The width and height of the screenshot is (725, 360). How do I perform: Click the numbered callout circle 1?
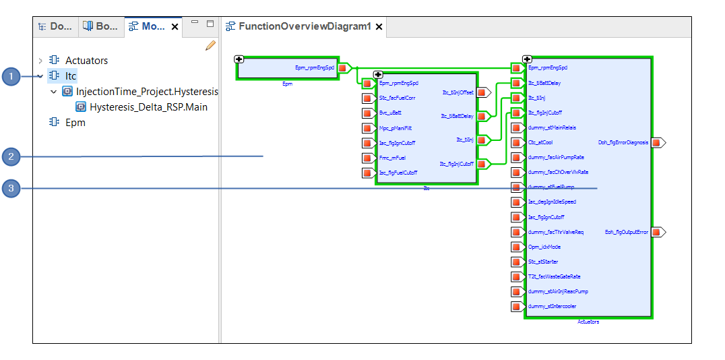[x=11, y=76]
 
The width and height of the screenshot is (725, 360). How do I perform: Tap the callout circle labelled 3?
[x=11, y=188]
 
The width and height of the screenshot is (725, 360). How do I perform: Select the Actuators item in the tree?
[x=86, y=61]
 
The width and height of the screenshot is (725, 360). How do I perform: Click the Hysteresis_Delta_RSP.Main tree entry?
[x=148, y=107]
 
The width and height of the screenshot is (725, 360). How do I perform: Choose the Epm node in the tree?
[x=75, y=123]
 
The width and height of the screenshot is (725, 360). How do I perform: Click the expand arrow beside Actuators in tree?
[x=40, y=61]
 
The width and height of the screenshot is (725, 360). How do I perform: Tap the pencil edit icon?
[x=210, y=46]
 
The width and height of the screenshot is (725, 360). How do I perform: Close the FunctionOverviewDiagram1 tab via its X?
[x=379, y=27]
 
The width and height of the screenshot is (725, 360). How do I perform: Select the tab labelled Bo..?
[x=100, y=26]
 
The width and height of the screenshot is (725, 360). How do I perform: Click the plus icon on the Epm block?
[x=239, y=59]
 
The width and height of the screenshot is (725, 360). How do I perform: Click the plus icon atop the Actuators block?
[x=527, y=59]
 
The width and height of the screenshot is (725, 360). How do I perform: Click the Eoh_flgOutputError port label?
[x=627, y=232]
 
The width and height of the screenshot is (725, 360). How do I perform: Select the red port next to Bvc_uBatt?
[x=368, y=113]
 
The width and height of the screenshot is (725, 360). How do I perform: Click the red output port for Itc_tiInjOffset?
[x=482, y=93]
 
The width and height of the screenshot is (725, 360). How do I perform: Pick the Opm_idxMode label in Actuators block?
[x=545, y=247]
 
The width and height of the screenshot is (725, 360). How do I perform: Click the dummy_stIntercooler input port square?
[x=516, y=307]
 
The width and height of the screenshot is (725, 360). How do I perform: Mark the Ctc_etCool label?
[x=540, y=142]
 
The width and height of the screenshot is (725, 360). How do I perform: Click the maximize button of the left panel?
[x=210, y=24]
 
